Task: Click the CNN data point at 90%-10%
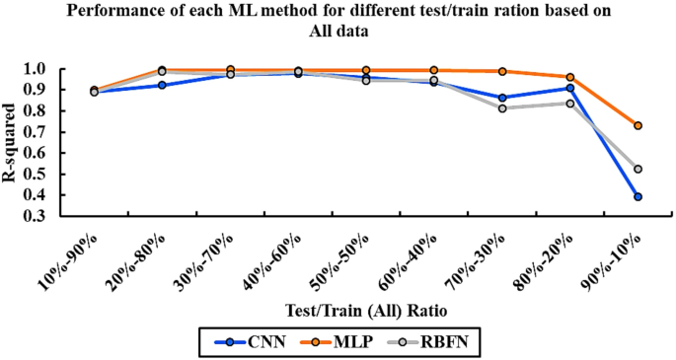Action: pos(638,197)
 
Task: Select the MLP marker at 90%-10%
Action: pos(638,126)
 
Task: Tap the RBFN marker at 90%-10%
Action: pos(638,170)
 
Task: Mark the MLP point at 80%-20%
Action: pos(570,77)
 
